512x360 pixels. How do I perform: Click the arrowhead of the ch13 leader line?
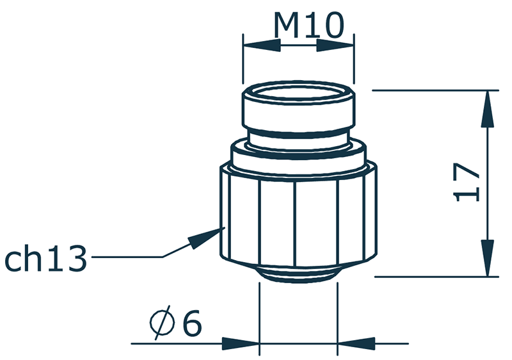[204, 238]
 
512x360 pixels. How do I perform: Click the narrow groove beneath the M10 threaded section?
[298, 136]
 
